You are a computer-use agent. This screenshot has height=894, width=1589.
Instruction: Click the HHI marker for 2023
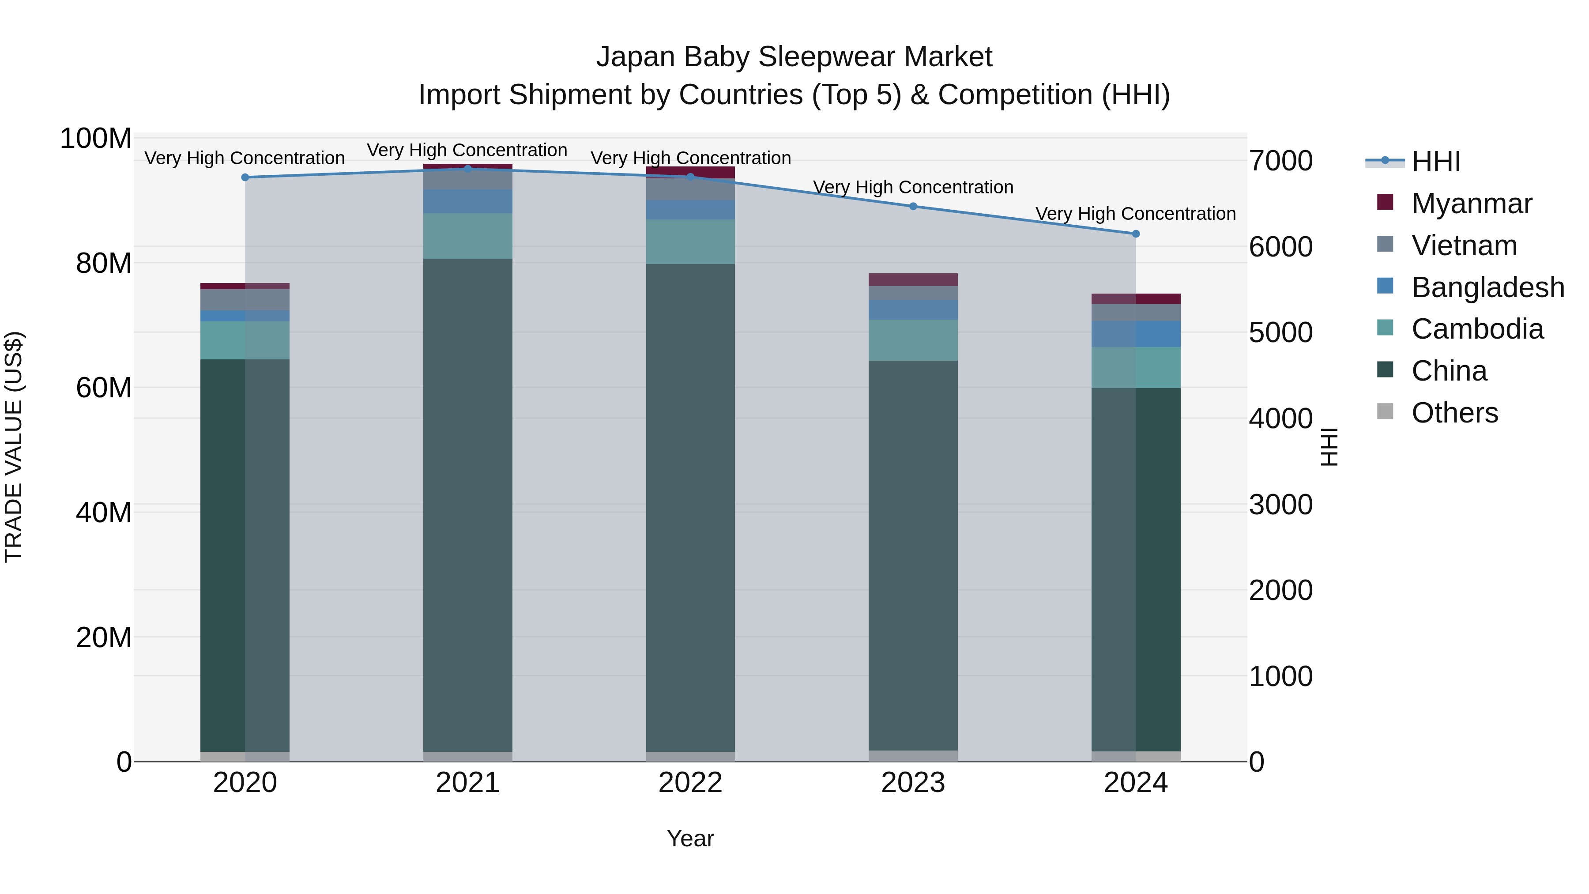(x=913, y=206)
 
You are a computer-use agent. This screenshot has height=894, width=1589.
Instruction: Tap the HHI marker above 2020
(x=245, y=177)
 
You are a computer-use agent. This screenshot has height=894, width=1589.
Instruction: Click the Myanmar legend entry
(x=1471, y=204)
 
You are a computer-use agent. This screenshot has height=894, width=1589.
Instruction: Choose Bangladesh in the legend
(x=1487, y=287)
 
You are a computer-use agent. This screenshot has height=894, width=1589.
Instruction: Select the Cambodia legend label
(x=1477, y=329)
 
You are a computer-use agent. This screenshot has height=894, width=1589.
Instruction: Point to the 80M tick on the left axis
(x=104, y=264)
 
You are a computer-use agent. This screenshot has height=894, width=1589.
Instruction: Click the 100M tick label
(x=96, y=139)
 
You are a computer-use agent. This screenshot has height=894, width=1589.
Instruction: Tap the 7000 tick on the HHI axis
(x=1280, y=161)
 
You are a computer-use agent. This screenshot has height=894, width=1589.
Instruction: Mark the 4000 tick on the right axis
(x=1280, y=419)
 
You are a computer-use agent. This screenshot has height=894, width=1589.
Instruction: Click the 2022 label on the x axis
(x=690, y=783)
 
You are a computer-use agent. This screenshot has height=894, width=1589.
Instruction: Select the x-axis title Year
(x=690, y=838)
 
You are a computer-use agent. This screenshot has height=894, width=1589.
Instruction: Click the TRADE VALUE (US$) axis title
(x=14, y=447)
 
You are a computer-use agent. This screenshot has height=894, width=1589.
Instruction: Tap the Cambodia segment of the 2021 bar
(x=467, y=236)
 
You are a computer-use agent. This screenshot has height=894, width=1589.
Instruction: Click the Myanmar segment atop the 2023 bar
(x=913, y=279)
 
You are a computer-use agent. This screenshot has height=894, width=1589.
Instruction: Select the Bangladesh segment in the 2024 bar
(x=1136, y=334)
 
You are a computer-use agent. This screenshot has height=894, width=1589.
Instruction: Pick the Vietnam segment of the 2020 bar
(x=245, y=300)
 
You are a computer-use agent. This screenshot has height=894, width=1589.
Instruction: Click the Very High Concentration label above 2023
(x=913, y=187)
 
